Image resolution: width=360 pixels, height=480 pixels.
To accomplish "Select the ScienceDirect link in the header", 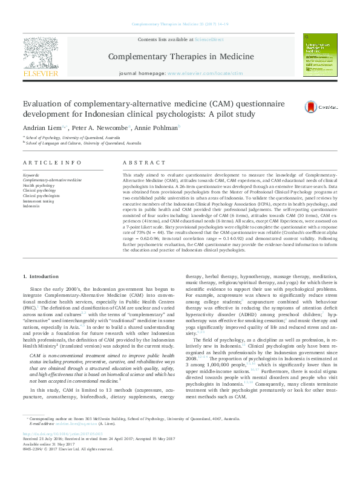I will [x=209, y=39].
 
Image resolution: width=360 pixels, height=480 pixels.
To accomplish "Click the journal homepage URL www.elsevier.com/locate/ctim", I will [x=206, y=73].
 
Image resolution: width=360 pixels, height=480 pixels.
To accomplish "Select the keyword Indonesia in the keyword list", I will [x=31, y=206].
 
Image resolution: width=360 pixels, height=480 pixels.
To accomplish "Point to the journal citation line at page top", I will [x=180, y=24].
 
